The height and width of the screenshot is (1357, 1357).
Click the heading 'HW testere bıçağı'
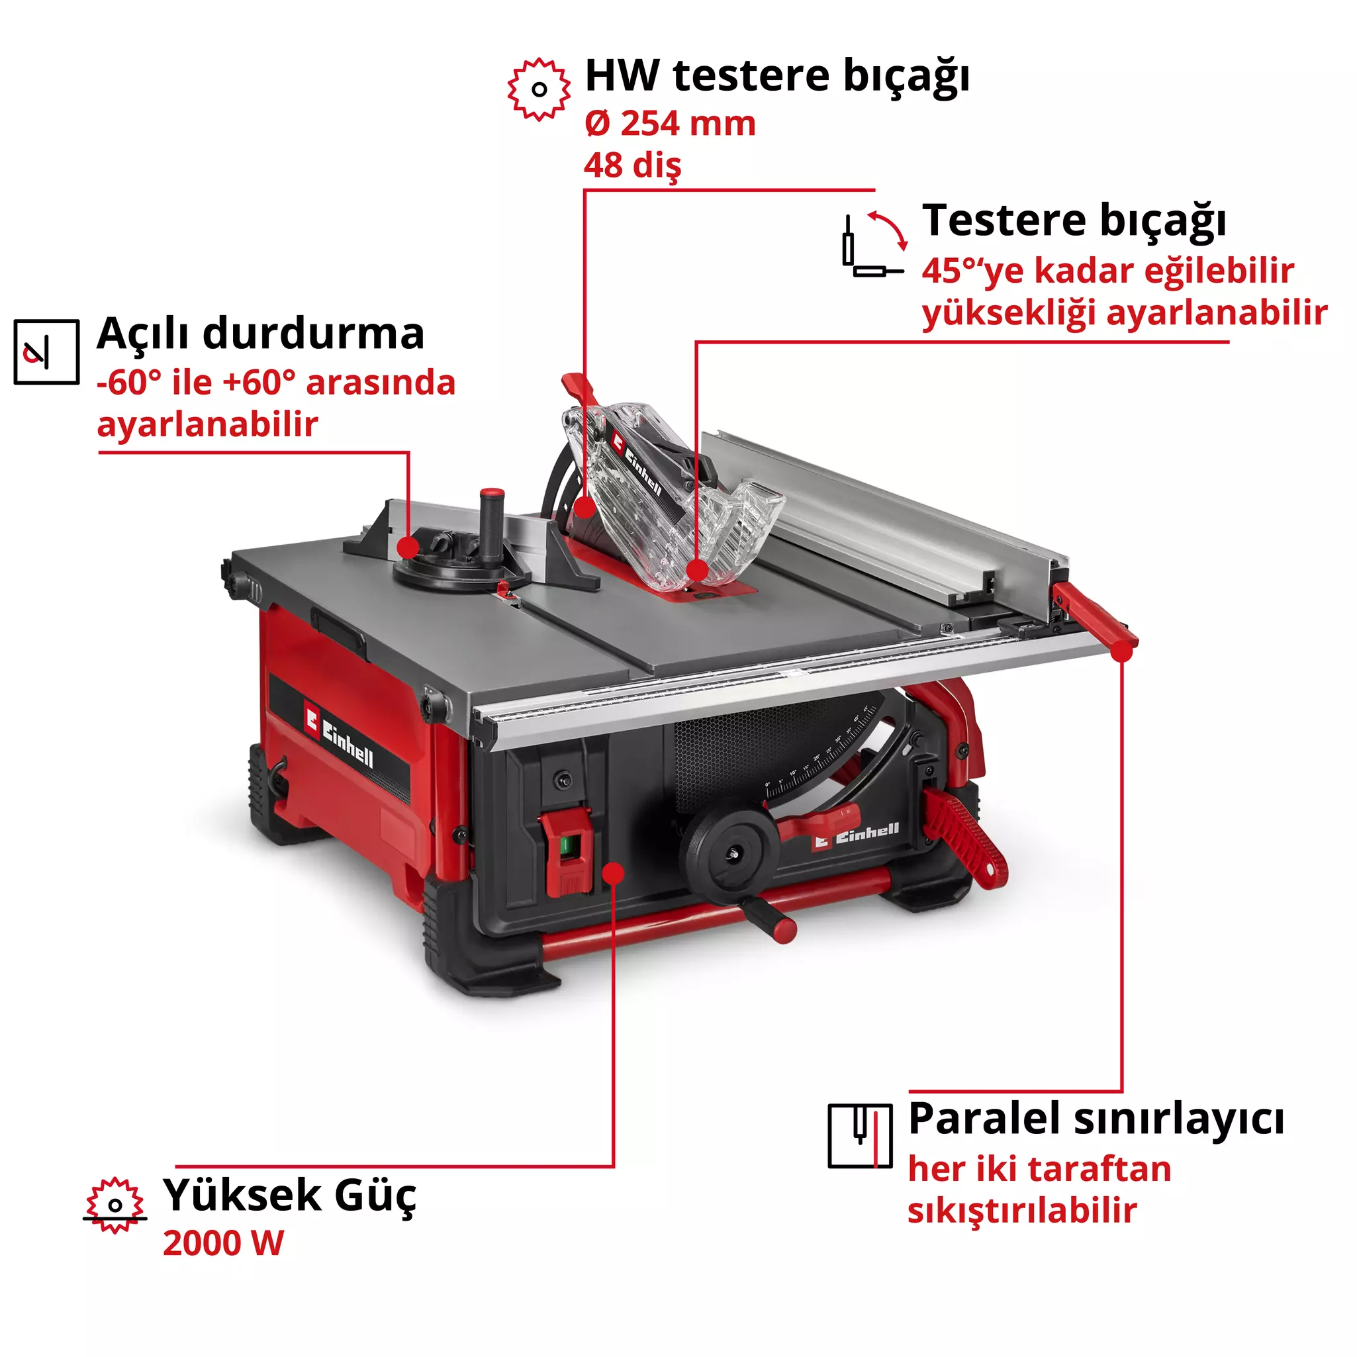777,76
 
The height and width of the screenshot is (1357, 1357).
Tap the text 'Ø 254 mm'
669,124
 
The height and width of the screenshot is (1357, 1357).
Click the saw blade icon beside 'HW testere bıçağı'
539,89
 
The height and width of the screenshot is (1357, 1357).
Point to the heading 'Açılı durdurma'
261,333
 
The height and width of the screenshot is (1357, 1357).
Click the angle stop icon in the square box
46,351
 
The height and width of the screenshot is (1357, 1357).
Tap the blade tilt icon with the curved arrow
873,243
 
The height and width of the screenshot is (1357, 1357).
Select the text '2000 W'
223,1243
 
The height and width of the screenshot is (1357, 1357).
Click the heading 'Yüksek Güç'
289,1195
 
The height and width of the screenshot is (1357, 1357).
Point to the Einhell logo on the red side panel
340,738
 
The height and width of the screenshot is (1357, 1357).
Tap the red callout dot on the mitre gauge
407,547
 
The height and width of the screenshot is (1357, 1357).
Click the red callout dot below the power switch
613,872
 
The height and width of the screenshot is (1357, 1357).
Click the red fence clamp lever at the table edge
1096,618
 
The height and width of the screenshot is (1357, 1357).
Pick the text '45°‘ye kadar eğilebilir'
1107,271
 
